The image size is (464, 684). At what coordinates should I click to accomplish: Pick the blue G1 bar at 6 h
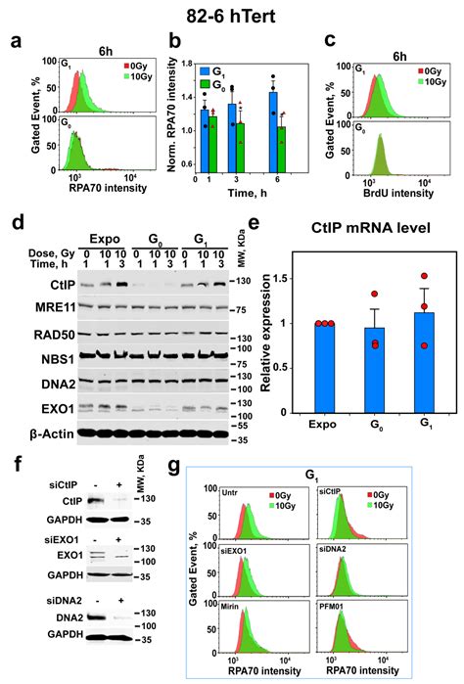(272, 127)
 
